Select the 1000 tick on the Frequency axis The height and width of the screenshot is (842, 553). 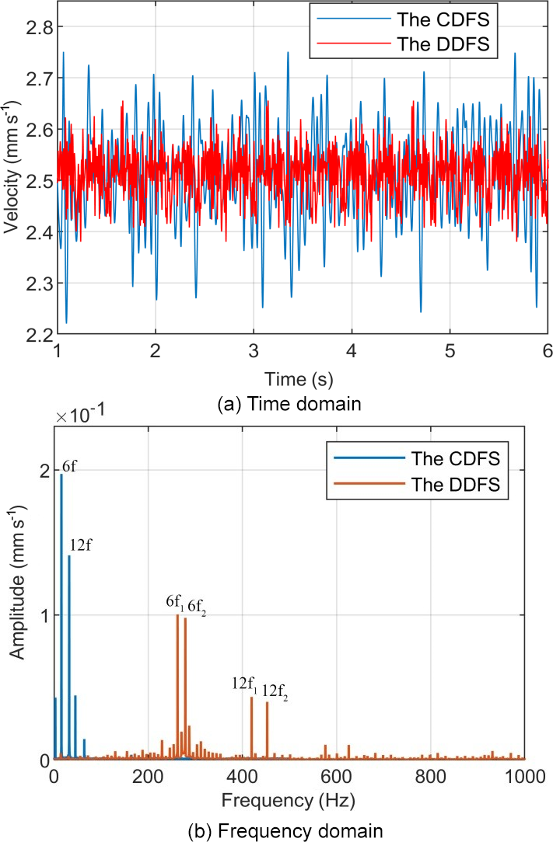[x=525, y=775]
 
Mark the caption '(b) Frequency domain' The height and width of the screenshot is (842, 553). [x=285, y=830]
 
